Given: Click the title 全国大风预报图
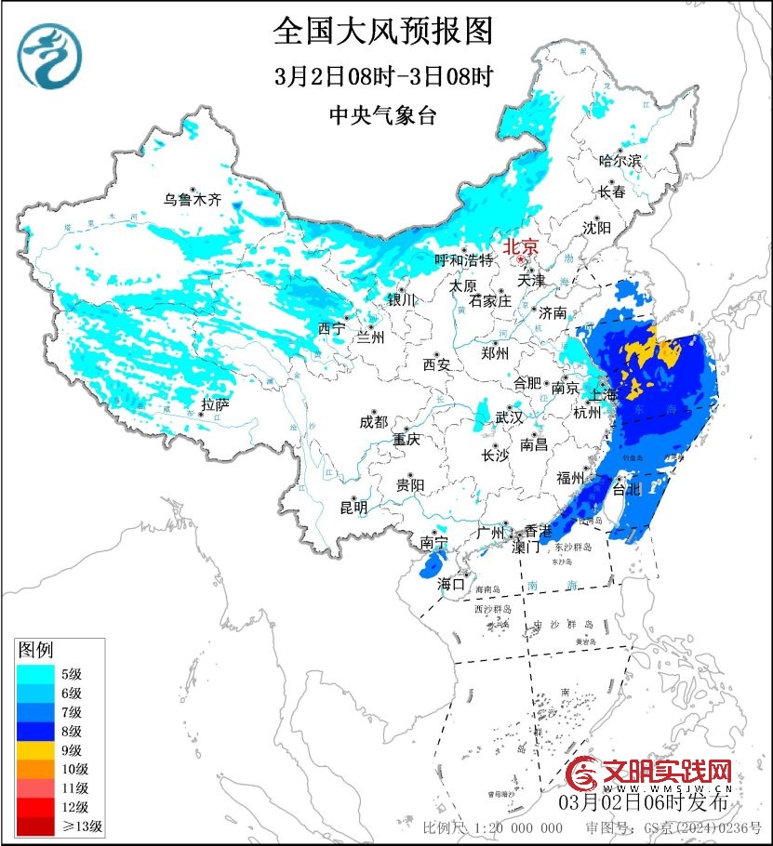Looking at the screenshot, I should (382, 33).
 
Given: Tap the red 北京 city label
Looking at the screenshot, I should (520, 247).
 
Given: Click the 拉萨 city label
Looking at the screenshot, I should (215, 404).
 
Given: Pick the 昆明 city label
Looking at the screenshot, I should (353, 508).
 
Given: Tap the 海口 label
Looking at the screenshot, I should (451, 584).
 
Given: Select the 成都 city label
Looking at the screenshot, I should (373, 421).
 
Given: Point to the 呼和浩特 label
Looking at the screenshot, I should (464, 261).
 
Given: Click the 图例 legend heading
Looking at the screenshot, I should (35, 649).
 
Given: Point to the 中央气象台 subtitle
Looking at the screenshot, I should (382, 115).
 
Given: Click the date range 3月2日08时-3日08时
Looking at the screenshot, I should (382, 76).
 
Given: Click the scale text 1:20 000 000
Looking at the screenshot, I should (517, 827).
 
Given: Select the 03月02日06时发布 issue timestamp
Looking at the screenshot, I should (644, 801).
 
